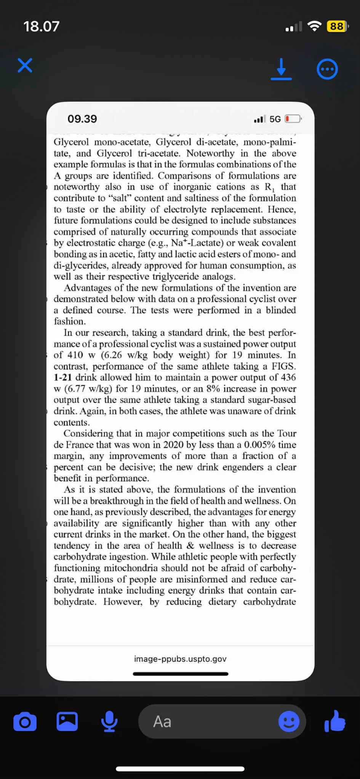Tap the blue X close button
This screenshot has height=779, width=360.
[x=25, y=65]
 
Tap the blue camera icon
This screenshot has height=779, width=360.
[x=25, y=722]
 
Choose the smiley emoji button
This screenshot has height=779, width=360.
[x=289, y=722]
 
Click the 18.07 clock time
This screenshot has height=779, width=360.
[x=42, y=26]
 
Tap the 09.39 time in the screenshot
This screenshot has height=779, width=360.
[x=82, y=119]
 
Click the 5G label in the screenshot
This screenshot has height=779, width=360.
[x=275, y=119]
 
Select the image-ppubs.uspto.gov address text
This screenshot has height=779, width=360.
[x=180, y=659]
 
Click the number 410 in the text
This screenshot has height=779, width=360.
[x=75, y=355]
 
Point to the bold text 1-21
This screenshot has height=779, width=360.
[x=62, y=377]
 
